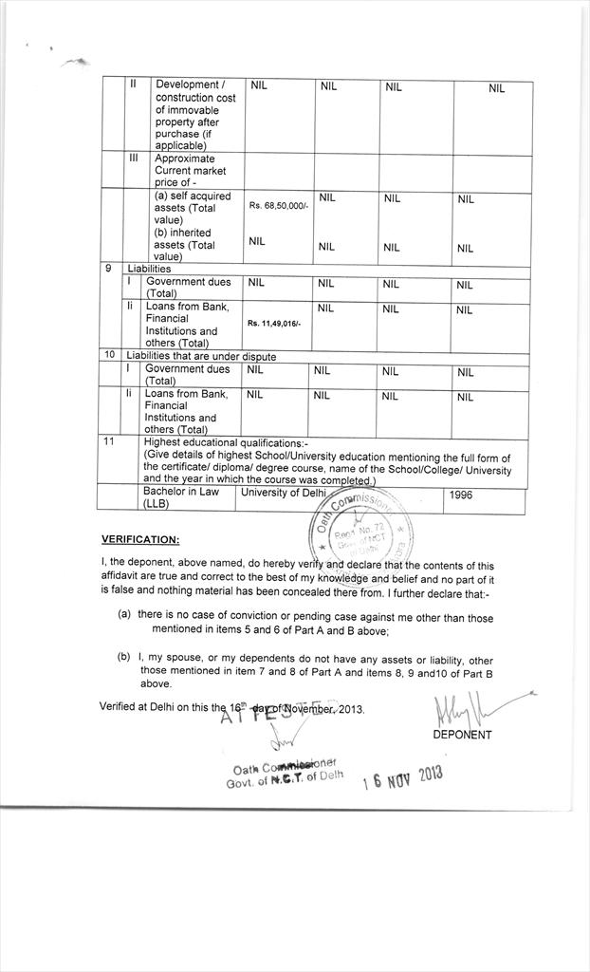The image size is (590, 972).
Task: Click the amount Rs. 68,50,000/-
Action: [278, 205]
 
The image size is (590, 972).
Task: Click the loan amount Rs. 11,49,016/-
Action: [273, 324]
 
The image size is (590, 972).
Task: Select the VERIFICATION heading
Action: [140, 539]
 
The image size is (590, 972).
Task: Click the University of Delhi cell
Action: [282, 493]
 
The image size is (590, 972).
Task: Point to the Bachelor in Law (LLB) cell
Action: [180, 497]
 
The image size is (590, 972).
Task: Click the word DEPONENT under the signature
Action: [462, 734]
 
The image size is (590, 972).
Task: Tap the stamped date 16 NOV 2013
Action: [403, 779]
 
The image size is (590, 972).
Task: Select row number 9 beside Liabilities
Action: [109, 269]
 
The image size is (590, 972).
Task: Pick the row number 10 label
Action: [109, 355]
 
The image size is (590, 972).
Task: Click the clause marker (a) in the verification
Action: [124, 614]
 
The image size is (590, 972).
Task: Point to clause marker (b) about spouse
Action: [124, 658]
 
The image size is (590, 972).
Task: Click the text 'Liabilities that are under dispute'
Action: [201, 356]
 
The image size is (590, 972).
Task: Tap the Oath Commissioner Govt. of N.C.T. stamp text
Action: [284, 776]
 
